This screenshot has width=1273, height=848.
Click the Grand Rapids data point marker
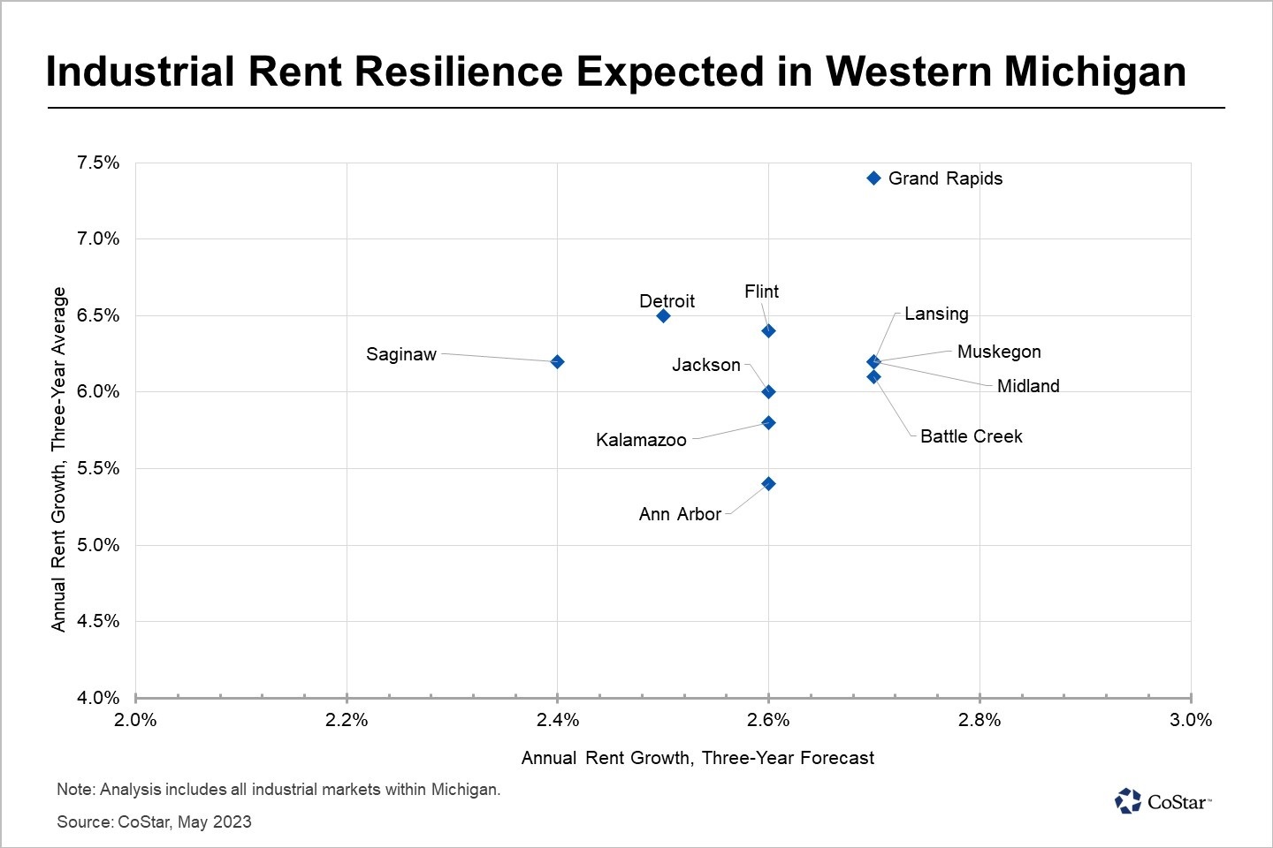(x=873, y=178)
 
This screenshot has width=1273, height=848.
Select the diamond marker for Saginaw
(x=557, y=361)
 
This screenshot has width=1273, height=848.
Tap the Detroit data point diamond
(x=663, y=315)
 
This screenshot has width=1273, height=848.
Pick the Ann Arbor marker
(x=768, y=483)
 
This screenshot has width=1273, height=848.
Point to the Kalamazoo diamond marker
(x=768, y=422)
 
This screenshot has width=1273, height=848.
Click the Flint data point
(x=768, y=330)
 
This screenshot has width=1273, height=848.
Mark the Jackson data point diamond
(x=768, y=391)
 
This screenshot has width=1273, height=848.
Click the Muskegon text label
(x=999, y=352)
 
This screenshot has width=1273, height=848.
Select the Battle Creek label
(x=971, y=436)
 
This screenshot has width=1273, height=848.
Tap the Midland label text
(x=1027, y=386)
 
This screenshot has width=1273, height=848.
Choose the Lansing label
(x=936, y=314)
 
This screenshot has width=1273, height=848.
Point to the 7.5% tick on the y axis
(x=98, y=163)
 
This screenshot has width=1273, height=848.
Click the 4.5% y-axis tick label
(x=98, y=621)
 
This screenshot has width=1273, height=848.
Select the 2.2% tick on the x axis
(x=347, y=720)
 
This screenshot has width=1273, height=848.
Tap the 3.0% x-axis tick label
(x=1191, y=720)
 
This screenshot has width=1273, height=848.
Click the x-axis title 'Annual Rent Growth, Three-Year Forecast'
(x=697, y=758)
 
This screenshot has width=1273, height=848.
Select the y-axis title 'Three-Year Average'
(x=58, y=458)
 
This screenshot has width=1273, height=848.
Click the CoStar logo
(x=1162, y=801)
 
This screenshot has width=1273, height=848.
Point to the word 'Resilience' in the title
(x=459, y=72)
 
